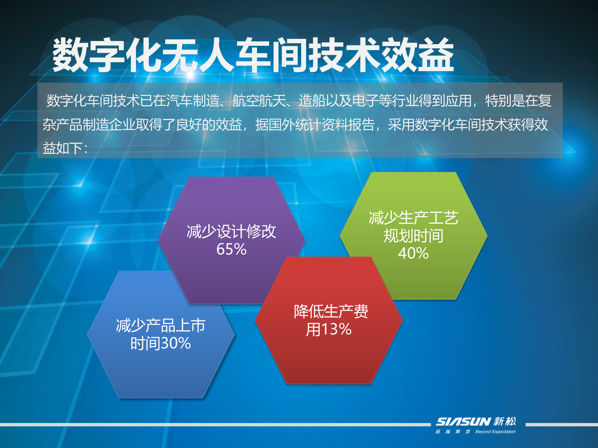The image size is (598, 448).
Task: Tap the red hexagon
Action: [329, 358]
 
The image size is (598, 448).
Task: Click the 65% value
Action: [231, 249]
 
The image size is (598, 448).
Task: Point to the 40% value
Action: [413, 253]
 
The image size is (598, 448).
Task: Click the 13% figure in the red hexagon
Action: [336, 329]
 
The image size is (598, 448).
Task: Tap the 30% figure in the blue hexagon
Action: [176, 343]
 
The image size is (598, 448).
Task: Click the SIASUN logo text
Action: [463, 422]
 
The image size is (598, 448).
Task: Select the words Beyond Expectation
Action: [495, 432]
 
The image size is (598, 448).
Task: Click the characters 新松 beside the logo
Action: [505, 422]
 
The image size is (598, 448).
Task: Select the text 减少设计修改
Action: [231, 231]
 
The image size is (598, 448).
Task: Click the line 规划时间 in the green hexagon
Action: [413, 236]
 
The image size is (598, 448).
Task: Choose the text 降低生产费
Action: [331, 311]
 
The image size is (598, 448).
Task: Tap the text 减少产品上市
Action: [160, 326]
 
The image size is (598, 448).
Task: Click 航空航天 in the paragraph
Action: [259, 101]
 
